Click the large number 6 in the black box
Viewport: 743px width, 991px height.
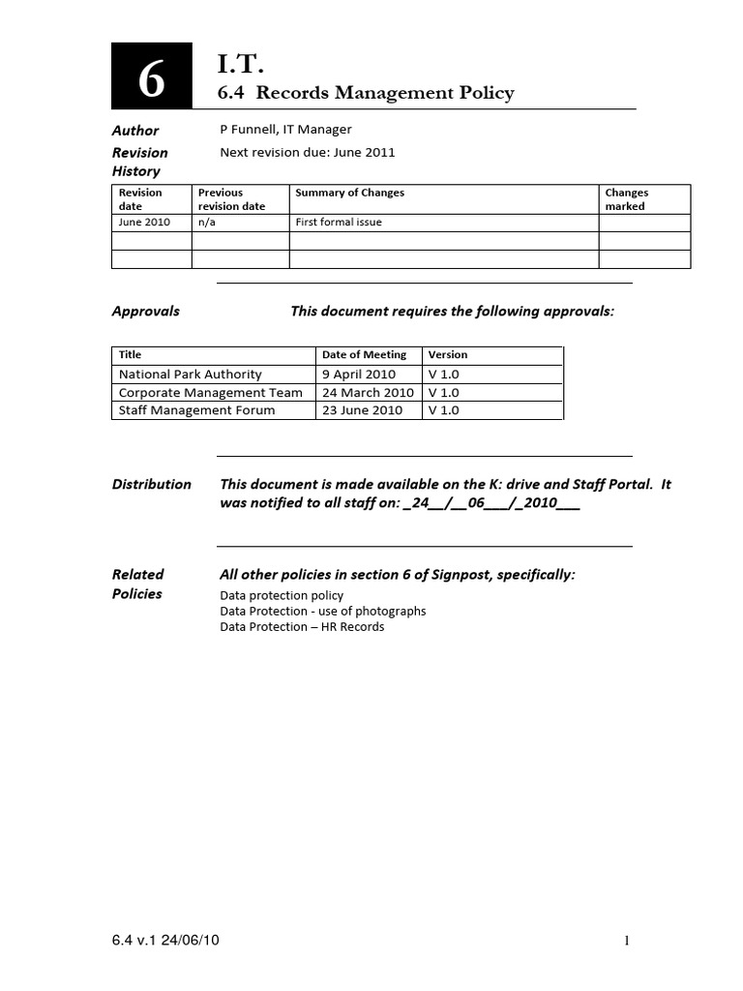click(151, 78)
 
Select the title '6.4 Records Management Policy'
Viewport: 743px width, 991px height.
click(367, 93)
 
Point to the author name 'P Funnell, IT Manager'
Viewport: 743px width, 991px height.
click(285, 130)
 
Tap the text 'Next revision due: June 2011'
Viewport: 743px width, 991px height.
click(308, 152)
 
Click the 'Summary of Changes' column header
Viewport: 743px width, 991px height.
click(349, 193)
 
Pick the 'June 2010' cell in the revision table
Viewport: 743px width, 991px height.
click(144, 222)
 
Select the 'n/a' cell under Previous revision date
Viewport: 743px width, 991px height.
click(206, 222)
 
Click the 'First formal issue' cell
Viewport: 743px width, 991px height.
click(339, 222)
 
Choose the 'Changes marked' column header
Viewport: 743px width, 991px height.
click(626, 199)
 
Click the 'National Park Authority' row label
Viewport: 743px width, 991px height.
click(190, 375)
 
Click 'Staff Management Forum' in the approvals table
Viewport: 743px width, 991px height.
click(196, 410)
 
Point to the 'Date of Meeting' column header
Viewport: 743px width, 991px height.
click(364, 355)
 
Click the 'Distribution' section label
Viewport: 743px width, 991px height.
click(151, 484)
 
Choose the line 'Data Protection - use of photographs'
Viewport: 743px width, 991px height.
click(322, 612)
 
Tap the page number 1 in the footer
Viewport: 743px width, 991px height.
click(627, 941)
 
